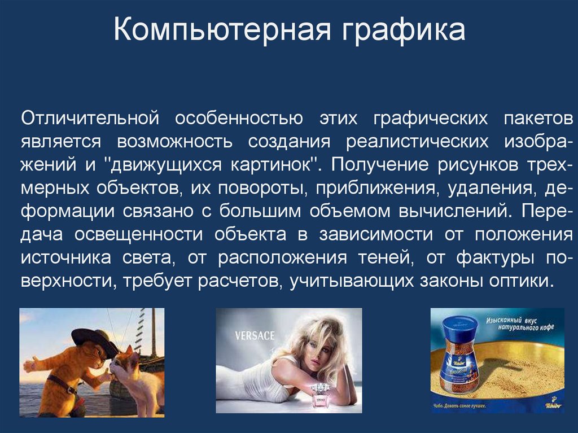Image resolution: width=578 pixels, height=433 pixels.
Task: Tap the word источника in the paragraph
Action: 66,257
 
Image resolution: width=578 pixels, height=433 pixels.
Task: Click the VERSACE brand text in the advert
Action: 255,336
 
